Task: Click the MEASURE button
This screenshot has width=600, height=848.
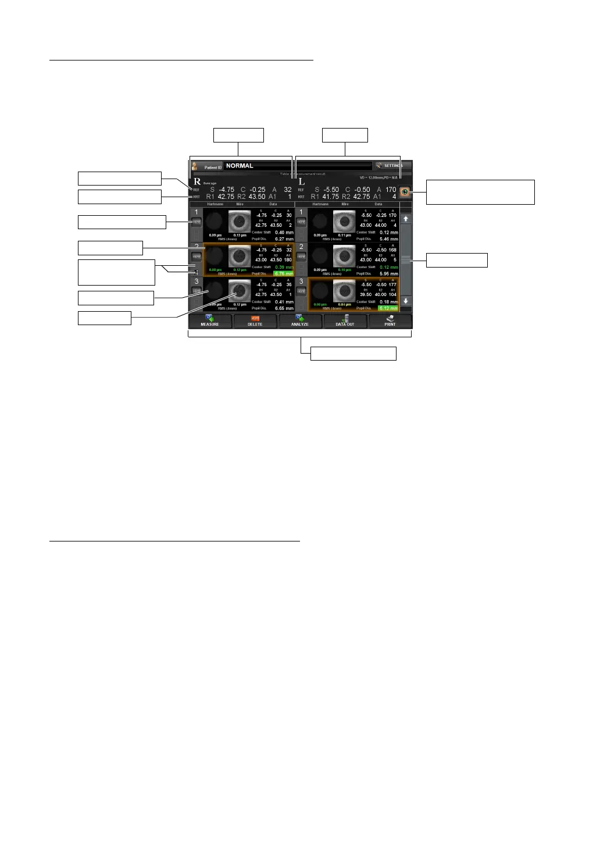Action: (210, 321)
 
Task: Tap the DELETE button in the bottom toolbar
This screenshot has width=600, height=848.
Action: (255, 321)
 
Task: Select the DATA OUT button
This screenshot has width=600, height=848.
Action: (345, 321)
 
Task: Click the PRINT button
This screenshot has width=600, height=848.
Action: (390, 321)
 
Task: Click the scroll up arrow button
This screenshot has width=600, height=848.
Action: (406, 219)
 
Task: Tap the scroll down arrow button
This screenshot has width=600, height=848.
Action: (406, 301)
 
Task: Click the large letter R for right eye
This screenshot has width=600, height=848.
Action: (197, 182)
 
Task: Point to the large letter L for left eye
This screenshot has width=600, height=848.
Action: (301, 182)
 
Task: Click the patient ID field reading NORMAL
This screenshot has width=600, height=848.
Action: (297, 166)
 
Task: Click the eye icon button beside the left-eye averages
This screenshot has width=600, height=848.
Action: (405, 193)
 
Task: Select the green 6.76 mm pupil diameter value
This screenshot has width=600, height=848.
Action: (284, 274)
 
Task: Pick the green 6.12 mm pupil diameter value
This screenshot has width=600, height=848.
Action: (388, 308)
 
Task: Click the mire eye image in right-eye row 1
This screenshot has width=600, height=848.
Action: (240, 221)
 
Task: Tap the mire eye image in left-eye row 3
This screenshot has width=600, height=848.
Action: (344, 291)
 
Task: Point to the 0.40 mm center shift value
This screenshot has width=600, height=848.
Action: (284, 233)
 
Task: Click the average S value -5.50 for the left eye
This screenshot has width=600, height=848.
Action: (331, 190)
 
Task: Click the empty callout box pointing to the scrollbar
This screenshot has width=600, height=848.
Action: (456, 260)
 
